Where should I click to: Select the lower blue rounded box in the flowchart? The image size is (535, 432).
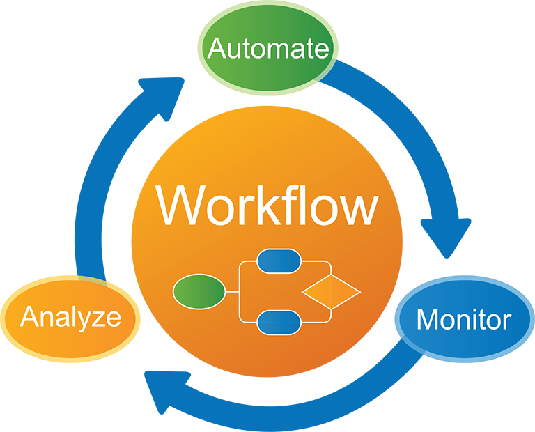pyautogui.click(x=279, y=322)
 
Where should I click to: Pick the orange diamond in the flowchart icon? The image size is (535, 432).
pyautogui.click(x=330, y=292)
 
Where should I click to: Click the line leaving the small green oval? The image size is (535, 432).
pyautogui.click(x=231, y=292)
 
